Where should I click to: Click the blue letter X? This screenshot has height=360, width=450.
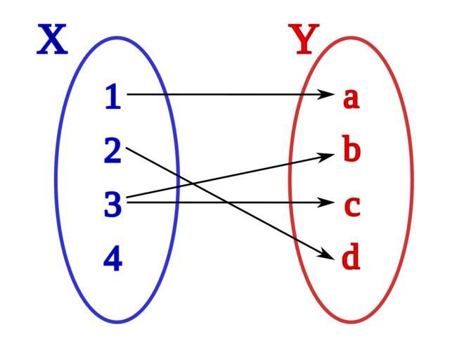pyautogui.click(x=53, y=40)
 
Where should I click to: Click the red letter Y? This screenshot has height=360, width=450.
pyautogui.click(x=304, y=40)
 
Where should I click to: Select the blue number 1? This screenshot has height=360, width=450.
pyautogui.click(x=112, y=96)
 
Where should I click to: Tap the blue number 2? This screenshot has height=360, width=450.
pyautogui.click(x=112, y=151)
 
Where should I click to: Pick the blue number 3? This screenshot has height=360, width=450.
pyautogui.click(x=112, y=205)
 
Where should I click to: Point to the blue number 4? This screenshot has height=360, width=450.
pyautogui.click(x=112, y=259)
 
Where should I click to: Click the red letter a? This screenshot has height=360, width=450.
pyautogui.click(x=351, y=98)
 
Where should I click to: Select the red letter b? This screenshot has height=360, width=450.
pyautogui.click(x=352, y=150)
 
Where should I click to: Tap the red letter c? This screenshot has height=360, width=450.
pyautogui.click(x=352, y=206)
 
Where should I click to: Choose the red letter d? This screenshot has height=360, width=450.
pyautogui.click(x=351, y=258)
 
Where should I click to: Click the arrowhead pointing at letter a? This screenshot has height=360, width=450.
pyautogui.click(x=327, y=94)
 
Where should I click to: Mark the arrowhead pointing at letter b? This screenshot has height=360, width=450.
pyautogui.click(x=327, y=155)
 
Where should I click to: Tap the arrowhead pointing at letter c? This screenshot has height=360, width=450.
pyautogui.click(x=327, y=203)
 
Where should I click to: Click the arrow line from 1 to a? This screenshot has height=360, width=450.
pyautogui.click(x=225, y=94)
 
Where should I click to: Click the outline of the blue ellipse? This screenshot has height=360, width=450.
pyautogui.click(x=56, y=180)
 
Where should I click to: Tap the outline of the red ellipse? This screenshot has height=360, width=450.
pyautogui.click(x=412, y=180)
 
